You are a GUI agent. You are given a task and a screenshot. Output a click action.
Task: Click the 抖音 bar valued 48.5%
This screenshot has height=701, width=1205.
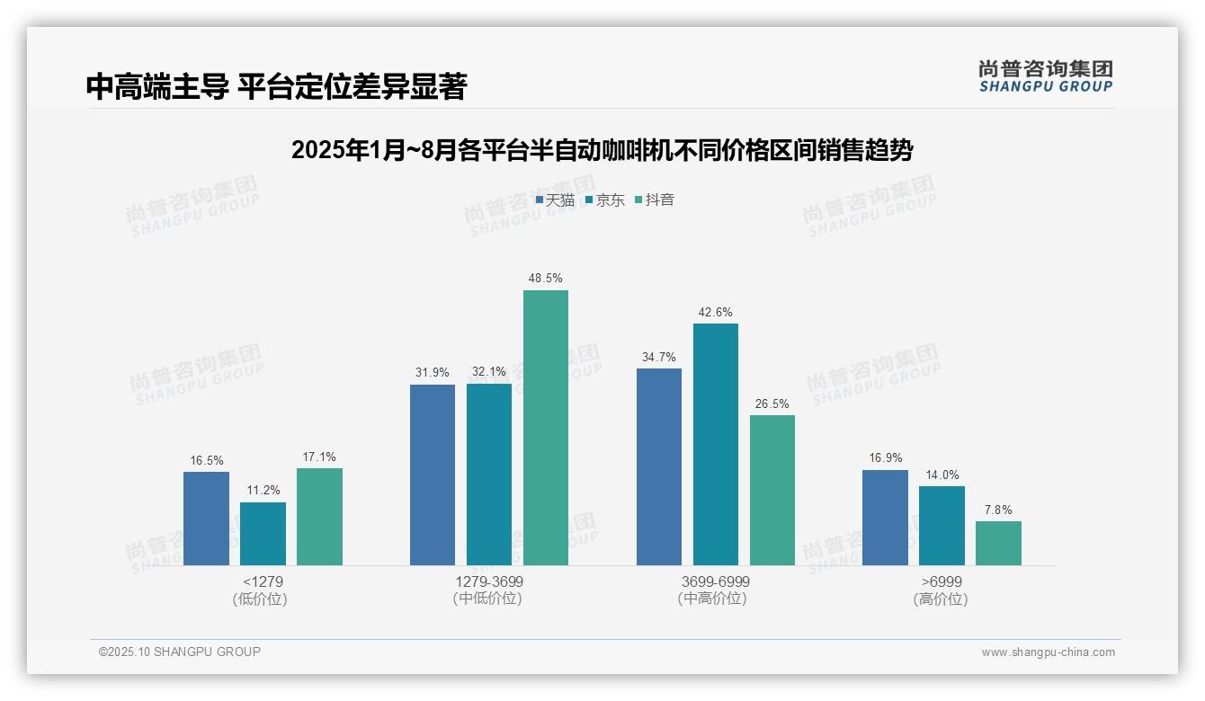[546, 428]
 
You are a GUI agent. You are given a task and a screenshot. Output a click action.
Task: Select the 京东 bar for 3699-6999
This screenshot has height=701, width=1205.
[715, 444]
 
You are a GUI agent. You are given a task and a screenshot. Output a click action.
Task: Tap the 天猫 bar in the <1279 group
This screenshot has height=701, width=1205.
[206, 519]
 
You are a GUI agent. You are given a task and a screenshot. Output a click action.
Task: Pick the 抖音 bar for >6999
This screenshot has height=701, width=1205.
[998, 543]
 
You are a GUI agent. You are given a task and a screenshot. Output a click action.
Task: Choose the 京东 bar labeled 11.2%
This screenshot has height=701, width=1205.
[263, 534]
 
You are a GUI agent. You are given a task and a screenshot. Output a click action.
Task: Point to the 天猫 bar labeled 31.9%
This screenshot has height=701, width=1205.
[433, 475]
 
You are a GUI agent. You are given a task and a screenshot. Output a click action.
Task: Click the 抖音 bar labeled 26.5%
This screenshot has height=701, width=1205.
[772, 490]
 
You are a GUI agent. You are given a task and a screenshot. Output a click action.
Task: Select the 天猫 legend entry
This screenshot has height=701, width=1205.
[555, 200]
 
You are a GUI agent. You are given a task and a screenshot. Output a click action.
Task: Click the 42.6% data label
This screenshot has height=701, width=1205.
[715, 313]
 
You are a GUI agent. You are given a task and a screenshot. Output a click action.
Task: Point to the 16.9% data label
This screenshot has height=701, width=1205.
[885, 458]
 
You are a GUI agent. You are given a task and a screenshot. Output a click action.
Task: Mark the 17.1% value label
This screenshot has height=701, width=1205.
[319, 457]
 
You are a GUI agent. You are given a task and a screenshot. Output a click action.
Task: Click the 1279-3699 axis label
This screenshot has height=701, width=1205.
[489, 581]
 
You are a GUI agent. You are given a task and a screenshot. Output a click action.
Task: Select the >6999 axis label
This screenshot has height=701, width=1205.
[942, 581]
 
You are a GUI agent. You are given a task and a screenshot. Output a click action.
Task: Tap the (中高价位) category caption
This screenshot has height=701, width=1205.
[715, 599]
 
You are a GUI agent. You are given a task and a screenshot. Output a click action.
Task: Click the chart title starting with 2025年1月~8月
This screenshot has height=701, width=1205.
[602, 150]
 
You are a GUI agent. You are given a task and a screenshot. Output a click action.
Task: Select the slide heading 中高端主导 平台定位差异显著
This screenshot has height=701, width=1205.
[276, 86]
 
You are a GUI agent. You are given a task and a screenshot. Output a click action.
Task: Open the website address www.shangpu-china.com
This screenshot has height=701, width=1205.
[1048, 652]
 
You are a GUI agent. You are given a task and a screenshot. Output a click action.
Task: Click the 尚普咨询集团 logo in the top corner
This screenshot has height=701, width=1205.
[1045, 75]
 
